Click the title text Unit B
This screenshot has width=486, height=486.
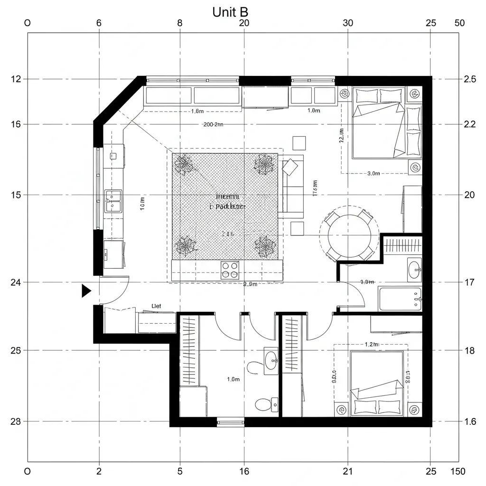(x=230, y=12)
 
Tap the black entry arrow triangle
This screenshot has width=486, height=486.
(x=86, y=290)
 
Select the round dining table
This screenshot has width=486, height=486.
(x=350, y=234)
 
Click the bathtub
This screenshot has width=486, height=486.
(x=400, y=299)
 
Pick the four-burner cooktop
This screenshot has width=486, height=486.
(x=230, y=270)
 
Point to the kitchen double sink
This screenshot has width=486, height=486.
(x=113, y=201)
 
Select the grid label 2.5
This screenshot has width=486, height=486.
(x=469, y=79)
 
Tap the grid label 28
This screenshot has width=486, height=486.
(x=16, y=421)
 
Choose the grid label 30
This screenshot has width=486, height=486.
(x=348, y=23)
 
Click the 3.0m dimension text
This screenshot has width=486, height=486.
(x=374, y=173)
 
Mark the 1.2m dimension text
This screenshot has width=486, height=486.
(x=372, y=344)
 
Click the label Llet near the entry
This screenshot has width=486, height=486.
(x=156, y=306)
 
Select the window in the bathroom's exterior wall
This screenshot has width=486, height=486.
(x=230, y=422)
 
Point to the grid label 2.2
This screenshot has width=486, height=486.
(x=469, y=124)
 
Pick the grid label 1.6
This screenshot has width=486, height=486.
(x=469, y=421)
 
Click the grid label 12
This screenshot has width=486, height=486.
(x=16, y=79)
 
